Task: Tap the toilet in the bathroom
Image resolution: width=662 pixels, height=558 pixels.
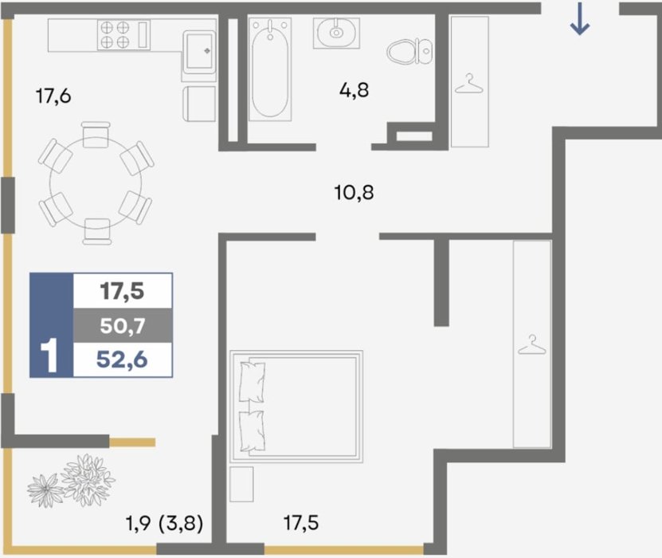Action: tap(409, 52)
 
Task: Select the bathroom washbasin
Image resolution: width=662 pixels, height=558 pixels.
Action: tap(336, 33)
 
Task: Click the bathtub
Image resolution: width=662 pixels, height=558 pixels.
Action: tap(270, 69)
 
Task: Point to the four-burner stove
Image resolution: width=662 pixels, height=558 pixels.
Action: tap(124, 34)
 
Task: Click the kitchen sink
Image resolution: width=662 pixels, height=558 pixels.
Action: tap(199, 52)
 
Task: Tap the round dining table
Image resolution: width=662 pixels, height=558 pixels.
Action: tap(96, 183)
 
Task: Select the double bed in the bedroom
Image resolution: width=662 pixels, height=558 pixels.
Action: tap(296, 406)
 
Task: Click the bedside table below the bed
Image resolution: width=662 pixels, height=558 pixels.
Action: tap(241, 484)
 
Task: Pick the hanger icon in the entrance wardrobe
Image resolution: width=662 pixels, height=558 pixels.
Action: tap(469, 84)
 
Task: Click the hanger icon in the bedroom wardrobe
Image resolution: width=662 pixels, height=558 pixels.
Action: tap(532, 344)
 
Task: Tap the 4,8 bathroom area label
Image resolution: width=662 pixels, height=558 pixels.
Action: tap(355, 90)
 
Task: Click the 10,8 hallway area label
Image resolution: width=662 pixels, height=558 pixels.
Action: tap(354, 193)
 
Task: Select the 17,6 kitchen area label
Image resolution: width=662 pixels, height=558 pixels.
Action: tap(53, 96)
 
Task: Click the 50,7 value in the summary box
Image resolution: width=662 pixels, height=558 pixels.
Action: tap(123, 326)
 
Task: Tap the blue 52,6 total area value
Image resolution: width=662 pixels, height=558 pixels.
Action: tap(122, 360)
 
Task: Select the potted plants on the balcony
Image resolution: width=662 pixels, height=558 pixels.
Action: tap(72, 481)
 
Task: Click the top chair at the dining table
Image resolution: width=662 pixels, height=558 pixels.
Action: tap(96, 135)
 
